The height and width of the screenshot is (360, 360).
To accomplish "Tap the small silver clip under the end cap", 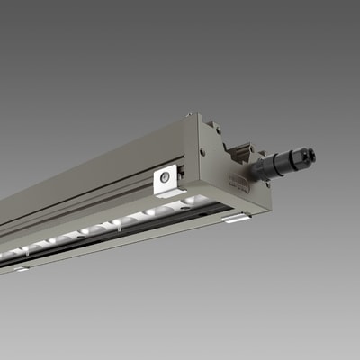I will [238, 217].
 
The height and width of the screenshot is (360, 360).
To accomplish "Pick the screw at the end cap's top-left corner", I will [190, 116].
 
